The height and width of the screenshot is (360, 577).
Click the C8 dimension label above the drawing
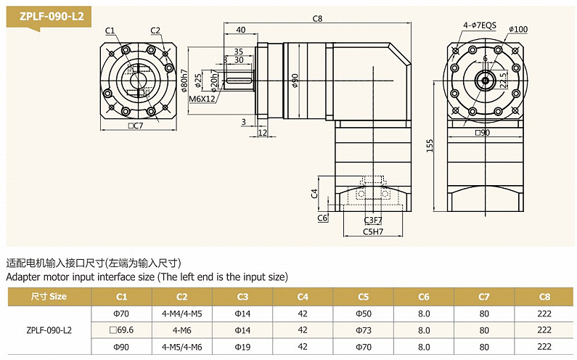(x=317, y=19)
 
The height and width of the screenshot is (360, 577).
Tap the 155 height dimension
(x=430, y=145)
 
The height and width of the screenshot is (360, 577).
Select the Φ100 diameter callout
(x=518, y=29)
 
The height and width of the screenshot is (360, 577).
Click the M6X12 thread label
(x=202, y=99)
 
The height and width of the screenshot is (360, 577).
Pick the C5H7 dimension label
(x=373, y=232)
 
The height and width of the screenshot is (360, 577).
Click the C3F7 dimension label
(x=373, y=219)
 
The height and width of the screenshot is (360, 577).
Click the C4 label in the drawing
(x=314, y=194)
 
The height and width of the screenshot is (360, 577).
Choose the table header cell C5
(x=363, y=296)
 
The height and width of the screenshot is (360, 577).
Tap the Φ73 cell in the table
(x=363, y=330)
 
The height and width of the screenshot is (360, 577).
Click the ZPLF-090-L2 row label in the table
(x=49, y=330)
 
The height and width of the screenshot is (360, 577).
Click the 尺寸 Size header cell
(x=49, y=296)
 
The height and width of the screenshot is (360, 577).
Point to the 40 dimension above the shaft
(x=240, y=30)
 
